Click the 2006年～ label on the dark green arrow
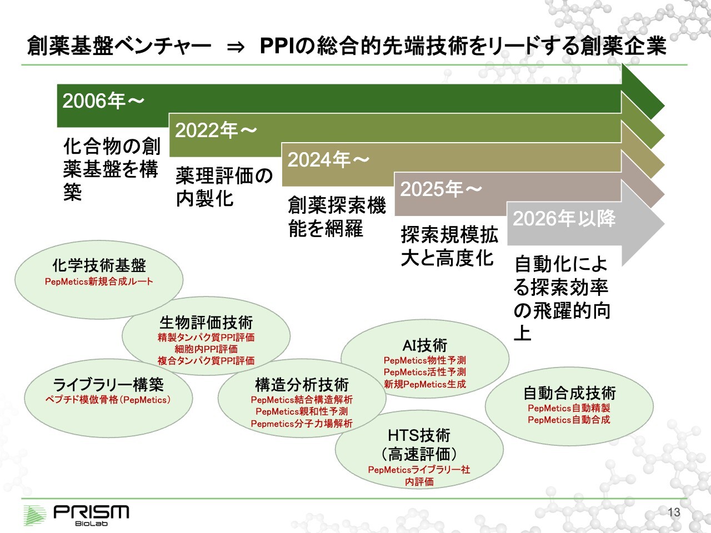[103, 100]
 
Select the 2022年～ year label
[216, 130]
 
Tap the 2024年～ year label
[328, 159]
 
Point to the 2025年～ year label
[441, 189]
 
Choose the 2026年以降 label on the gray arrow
[564, 218]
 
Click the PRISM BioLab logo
[77, 515]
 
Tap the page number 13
[674, 512]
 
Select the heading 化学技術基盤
[99, 265]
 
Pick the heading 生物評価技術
[206, 323]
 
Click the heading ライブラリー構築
[108, 384]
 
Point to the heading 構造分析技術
[302, 385]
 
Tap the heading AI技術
[425, 345]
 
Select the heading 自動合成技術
[569, 393]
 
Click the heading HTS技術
[419, 435]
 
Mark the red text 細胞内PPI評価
[206, 349]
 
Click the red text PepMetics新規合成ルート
[99, 281]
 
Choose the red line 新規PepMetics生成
[425, 384]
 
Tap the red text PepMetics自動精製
[569, 408]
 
